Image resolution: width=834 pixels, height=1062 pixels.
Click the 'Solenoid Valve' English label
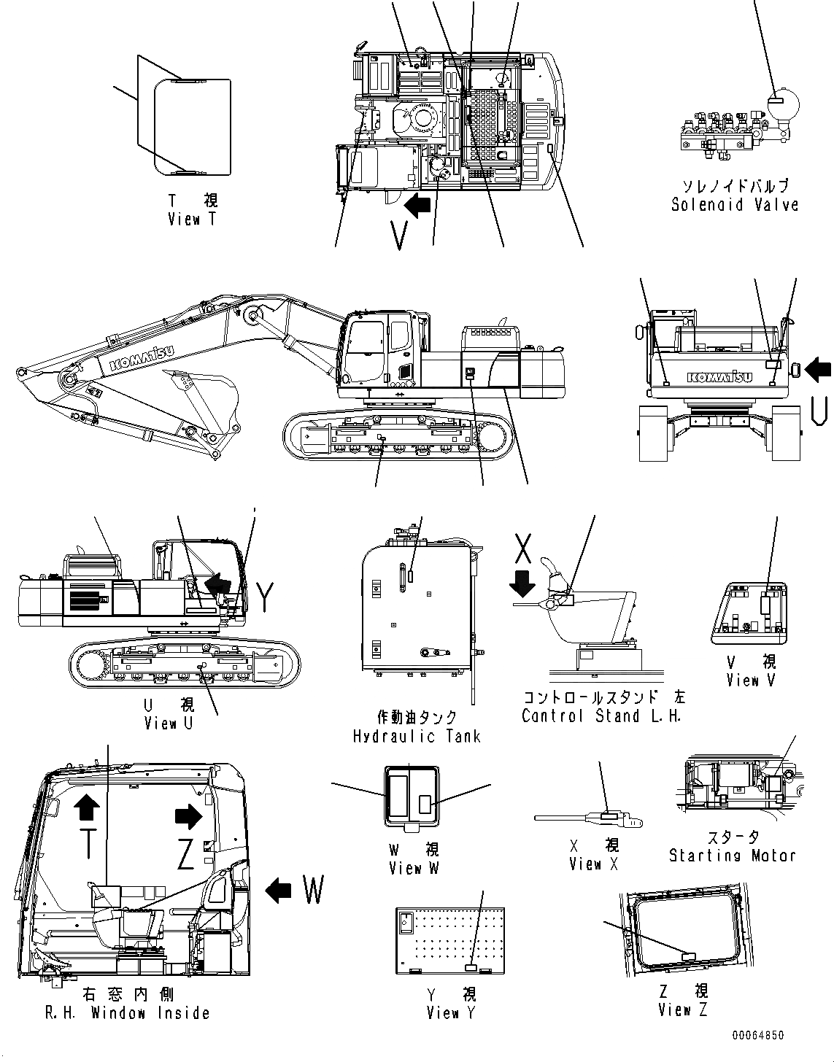734,205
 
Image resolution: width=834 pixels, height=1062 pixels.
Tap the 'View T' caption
192,219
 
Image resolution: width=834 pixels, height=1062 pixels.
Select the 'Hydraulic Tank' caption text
417,736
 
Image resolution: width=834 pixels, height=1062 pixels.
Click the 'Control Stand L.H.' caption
602,716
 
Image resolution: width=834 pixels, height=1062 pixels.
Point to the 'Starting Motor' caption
732,856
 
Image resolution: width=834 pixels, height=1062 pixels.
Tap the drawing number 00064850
759,1035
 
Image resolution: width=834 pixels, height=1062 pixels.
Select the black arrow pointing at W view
278,889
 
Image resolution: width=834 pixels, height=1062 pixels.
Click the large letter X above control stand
523,548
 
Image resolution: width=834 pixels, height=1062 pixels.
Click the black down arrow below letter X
523,584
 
